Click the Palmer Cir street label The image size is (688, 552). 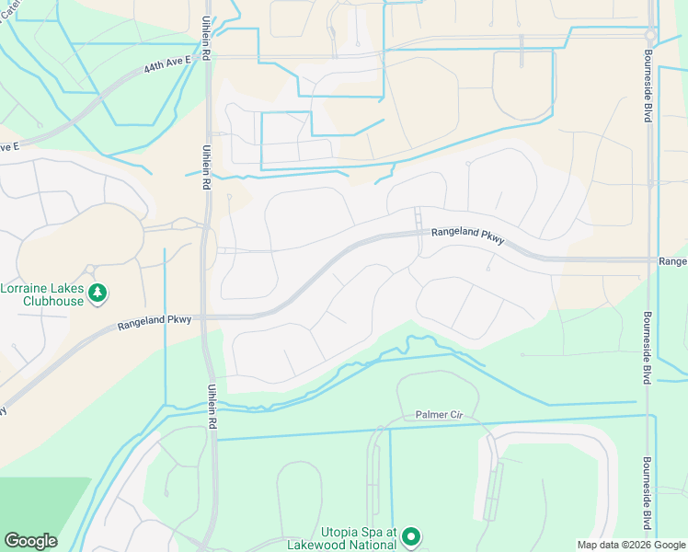(437, 415)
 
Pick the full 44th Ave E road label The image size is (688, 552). (167, 63)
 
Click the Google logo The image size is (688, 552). (30, 541)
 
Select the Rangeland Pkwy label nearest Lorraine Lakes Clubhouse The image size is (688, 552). (155, 321)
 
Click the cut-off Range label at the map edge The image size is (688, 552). (672, 262)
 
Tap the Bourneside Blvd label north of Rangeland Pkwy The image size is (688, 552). (648, 96)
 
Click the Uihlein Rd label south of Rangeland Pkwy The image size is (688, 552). (212, 407)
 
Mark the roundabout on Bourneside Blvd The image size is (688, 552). (650, 36)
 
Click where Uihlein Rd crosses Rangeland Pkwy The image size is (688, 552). (209, 316)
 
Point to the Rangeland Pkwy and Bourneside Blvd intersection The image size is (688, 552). (649, 259)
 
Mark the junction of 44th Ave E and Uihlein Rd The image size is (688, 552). (208, 57)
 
